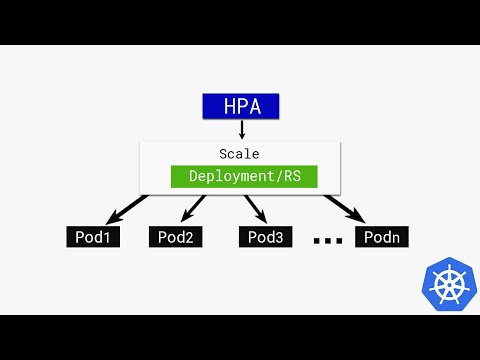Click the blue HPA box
point(240,106)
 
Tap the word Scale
point(240,154)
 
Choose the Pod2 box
point(176,237)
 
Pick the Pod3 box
point(266,237)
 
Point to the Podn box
point(381,237)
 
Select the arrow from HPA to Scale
point(241,130)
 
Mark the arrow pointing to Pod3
point(255,209)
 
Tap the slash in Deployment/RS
point(283,176)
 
